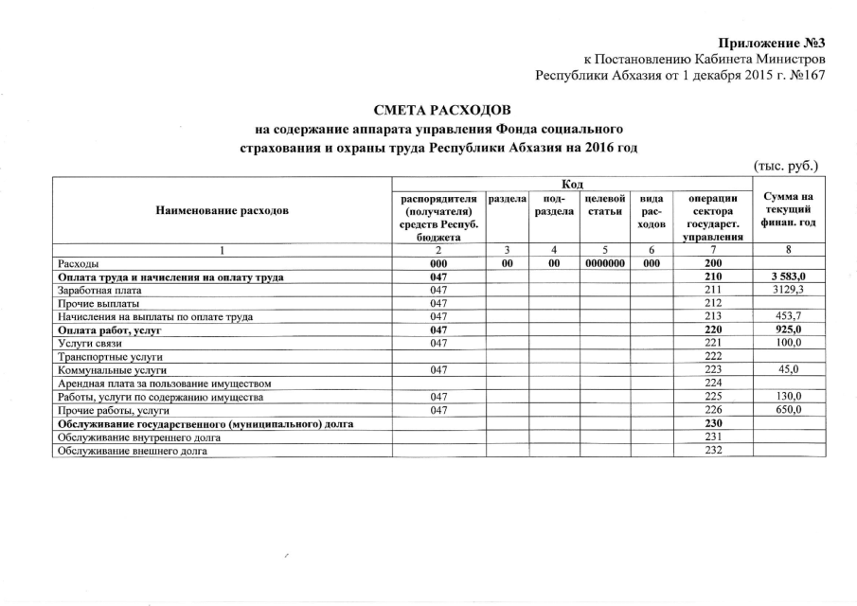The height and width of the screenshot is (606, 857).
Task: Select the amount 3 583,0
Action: [787, 276]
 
